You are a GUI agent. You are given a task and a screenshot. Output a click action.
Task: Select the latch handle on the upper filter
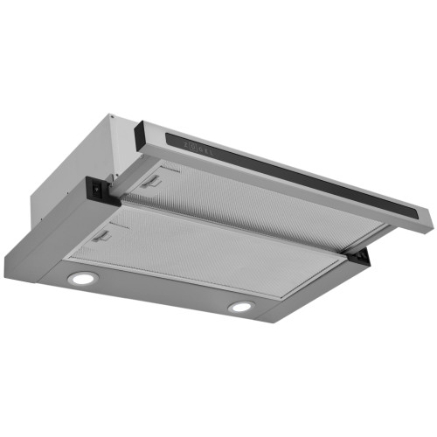(x=153, y=181)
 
